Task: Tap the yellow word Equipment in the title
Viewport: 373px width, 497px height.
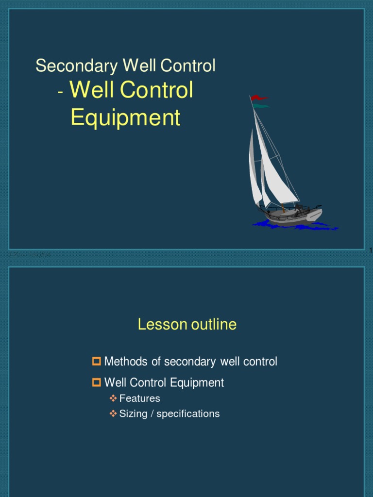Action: (x=125, y=118)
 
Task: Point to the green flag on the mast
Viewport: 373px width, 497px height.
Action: (x=261, y=105)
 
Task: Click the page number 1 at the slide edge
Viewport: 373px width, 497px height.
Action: (x=371, y=250)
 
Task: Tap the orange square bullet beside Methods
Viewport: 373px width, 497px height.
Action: (x=96, y=361)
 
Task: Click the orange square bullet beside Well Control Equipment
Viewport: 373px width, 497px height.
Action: (x=96, y=382)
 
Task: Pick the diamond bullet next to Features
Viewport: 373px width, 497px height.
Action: (x=113, y=398)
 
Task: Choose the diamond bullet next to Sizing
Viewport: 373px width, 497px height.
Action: (x=113, y=414)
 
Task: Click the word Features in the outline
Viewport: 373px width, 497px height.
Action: (x=139, y=398)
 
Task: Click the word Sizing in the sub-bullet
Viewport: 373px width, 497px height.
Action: (x=133, y=414)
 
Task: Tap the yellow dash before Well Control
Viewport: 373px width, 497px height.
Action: (x=60, y=93)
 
